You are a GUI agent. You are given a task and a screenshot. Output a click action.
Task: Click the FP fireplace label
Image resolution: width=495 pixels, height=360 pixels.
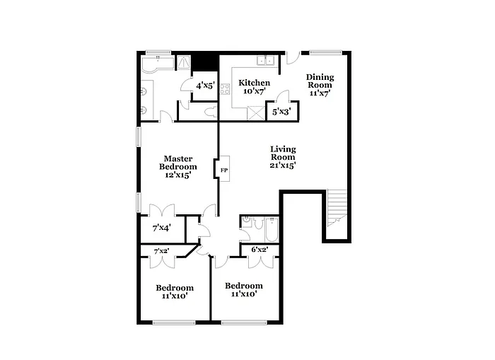[224, 170]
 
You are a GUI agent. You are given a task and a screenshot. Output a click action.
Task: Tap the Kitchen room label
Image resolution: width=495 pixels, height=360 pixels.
[254, 87]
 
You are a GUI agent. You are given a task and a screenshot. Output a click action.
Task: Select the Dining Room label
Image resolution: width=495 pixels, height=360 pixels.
[320, 84]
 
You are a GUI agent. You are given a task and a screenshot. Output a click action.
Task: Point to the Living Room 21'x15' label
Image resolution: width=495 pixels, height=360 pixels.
[283, 157]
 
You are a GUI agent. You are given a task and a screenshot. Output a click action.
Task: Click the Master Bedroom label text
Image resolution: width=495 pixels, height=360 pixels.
[176, 167]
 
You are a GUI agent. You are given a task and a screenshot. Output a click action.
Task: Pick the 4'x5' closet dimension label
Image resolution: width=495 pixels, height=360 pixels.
[205, 86]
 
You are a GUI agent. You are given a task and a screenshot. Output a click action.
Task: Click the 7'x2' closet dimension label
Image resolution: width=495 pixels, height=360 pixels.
[162, 251]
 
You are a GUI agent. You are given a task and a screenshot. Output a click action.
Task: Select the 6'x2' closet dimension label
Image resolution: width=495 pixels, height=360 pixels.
[260, 250]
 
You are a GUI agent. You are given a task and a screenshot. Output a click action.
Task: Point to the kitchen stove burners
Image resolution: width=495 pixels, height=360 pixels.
[226, 89]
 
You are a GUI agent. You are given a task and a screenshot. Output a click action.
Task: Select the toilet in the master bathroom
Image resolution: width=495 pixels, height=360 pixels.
[209, 111]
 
